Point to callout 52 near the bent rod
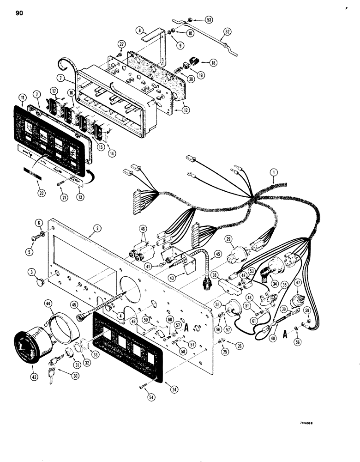click(227, 32)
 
